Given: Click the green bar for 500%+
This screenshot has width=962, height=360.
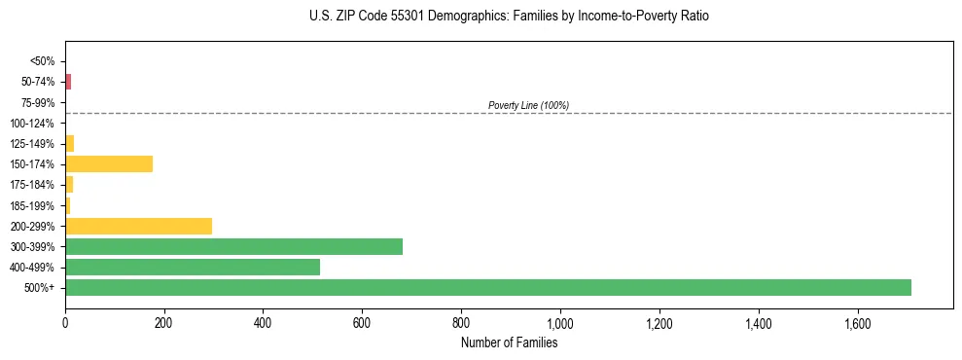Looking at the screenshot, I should pos(487,287).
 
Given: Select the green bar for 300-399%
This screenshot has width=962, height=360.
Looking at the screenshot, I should pos(233,246).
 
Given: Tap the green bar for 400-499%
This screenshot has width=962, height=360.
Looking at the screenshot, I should pos(192,267).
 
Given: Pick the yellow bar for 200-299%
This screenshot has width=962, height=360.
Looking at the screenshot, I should pos(138,226).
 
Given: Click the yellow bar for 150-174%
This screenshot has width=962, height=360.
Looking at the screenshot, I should pos(109,163).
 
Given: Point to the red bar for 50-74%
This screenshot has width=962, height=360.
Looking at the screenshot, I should pos(68,82).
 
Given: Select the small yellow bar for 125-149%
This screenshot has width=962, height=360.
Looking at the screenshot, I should pos(69,143).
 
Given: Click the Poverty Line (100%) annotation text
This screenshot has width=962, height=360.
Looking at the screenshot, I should pos(528,105).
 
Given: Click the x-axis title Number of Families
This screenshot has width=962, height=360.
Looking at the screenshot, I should pos(509,342).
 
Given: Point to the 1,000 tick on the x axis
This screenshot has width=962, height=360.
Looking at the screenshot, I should pos(560,322).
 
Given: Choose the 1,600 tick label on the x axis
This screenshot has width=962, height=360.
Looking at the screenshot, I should pos(857,322).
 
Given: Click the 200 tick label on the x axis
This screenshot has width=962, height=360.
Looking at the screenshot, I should pos(163,322).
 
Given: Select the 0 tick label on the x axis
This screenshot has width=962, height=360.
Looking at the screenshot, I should pos(65,322).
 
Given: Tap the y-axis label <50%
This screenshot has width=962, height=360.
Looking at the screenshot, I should pos(43,61).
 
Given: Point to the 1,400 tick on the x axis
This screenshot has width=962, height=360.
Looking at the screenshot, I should pos(758,322).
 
